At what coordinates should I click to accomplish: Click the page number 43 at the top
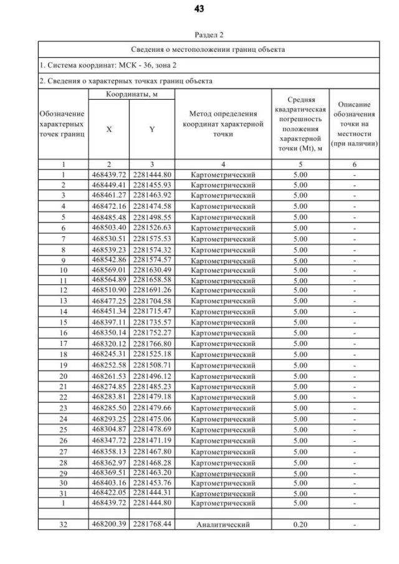(x=199, y=9)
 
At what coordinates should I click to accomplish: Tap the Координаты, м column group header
(x=130, y=93)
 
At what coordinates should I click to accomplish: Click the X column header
(x=109, y=129)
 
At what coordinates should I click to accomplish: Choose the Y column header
(x=152, y=129)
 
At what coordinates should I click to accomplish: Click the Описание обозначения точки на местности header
(x=354, y=123)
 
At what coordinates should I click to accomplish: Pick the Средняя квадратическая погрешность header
(x=300, y=123)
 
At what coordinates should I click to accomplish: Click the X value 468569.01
(x=109, y=270)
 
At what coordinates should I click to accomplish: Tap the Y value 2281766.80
(x=152, y=343)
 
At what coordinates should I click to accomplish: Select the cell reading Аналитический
(x=223, y=524)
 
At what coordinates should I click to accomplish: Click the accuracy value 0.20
(x=300, y=524)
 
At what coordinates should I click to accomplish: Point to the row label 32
(x=63, y=524)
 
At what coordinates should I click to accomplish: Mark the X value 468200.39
(x=109, y=524)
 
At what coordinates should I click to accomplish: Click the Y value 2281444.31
(x=152, y=492)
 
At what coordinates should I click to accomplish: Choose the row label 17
(x=63, y=343)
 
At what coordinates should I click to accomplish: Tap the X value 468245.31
(x=109, y=354)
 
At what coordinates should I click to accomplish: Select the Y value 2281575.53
(x=152, y=238)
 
